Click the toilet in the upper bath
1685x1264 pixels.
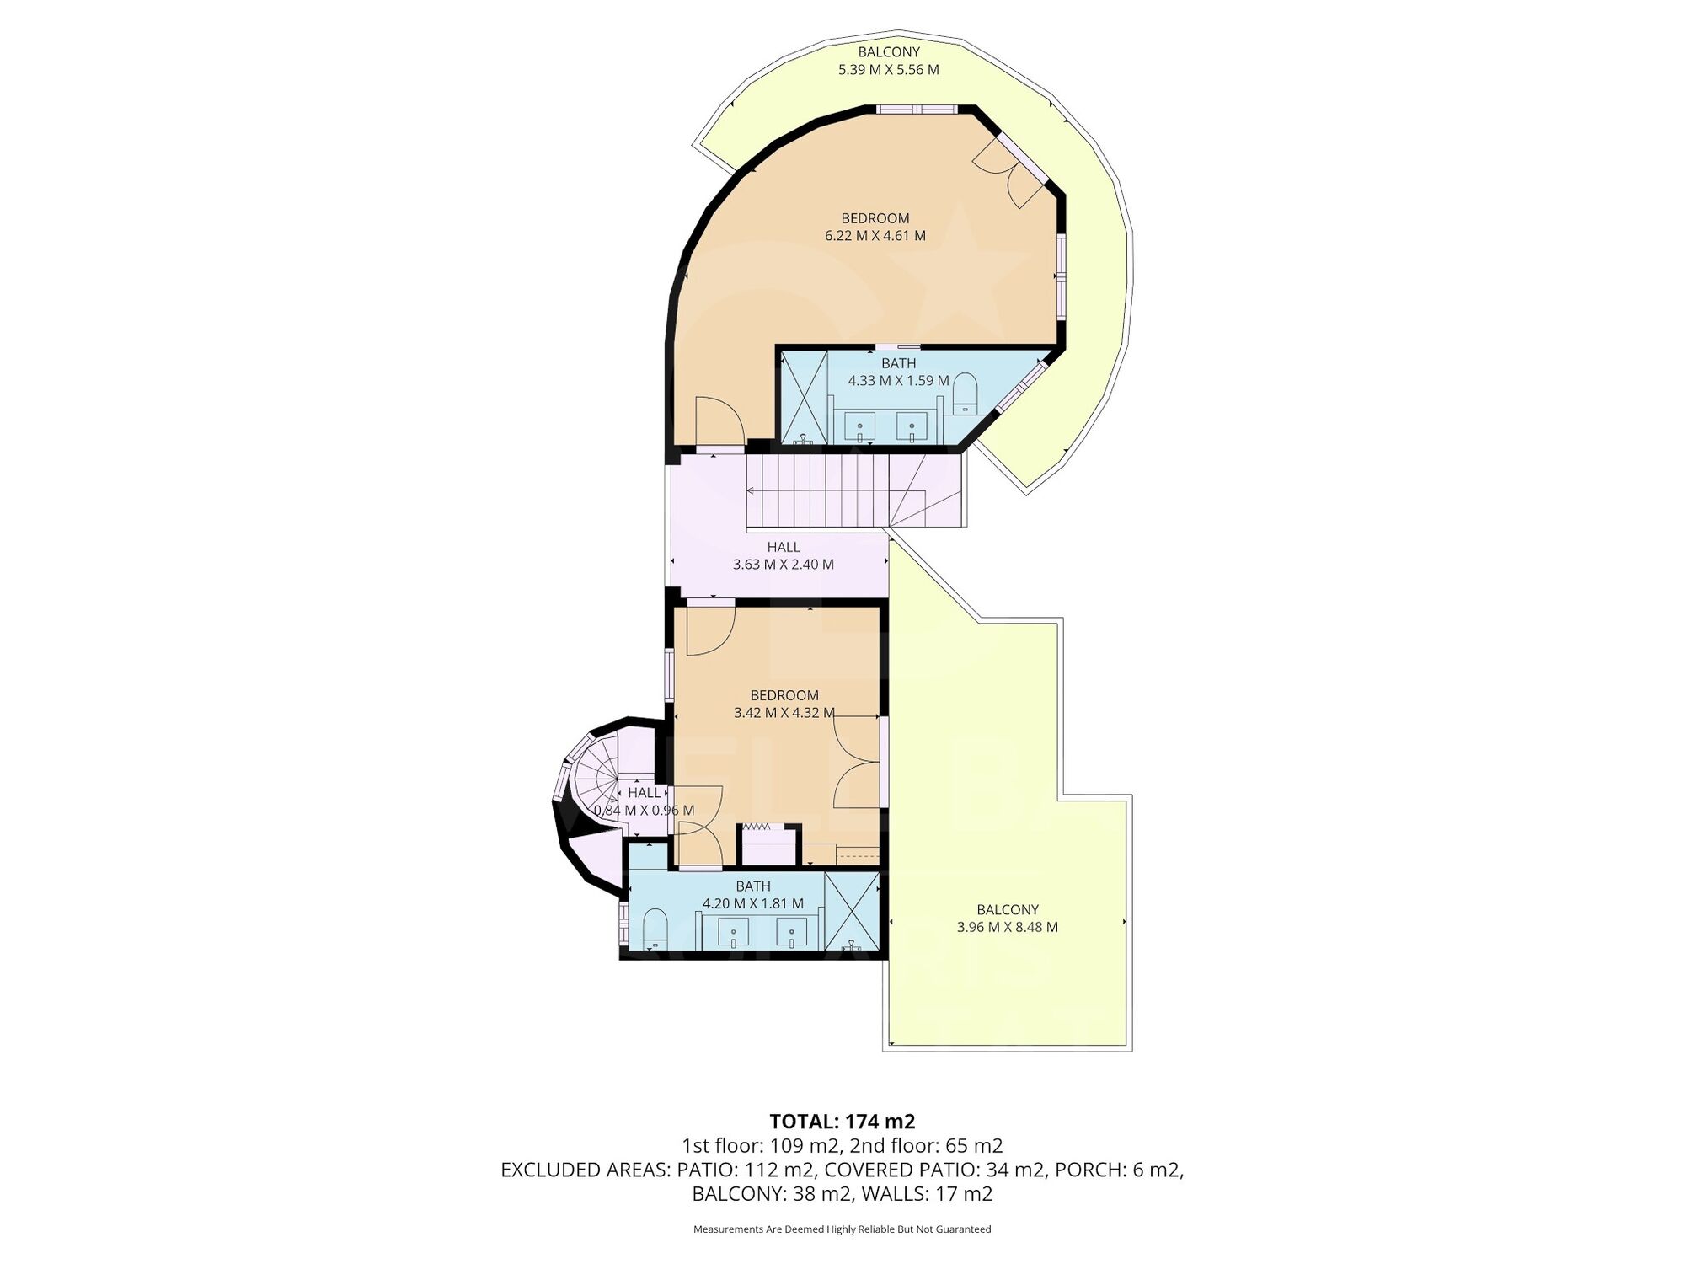(x=964, y=394)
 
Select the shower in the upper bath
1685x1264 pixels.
(x=805, y=398)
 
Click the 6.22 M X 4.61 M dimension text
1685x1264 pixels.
(x=875, y=236)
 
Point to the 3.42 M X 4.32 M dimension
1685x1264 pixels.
(x=784, y=713)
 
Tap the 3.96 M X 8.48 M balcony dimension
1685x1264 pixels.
(x=1008, y=927)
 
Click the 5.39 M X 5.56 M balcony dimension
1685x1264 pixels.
(x=889, y=70)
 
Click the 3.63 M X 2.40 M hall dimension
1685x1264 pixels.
(x=784, y=565)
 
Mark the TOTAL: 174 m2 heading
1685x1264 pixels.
(x=842, y=1122)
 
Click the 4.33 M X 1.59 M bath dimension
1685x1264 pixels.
(x=899, y=381)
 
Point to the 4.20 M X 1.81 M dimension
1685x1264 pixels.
(x=753, y=903)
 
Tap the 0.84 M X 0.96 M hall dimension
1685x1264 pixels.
(x=645, y=811)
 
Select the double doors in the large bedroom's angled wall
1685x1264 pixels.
(x=1015, y=172)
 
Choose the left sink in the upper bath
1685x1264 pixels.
(x=860, y=426)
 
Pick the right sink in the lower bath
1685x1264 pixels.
(x=791, y=933)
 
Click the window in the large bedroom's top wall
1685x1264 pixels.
(x=917, y=109)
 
